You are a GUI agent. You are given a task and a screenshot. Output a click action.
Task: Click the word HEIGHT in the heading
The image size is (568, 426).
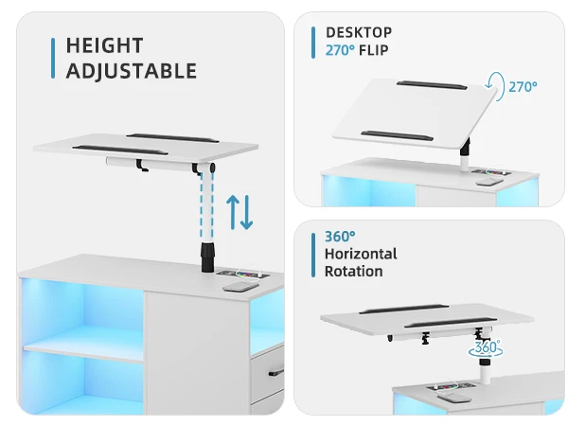105,45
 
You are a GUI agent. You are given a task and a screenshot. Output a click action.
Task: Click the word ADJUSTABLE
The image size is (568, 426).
132,71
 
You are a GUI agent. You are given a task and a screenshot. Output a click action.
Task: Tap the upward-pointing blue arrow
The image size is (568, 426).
233,210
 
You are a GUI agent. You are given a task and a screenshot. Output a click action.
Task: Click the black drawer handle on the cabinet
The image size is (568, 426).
275,371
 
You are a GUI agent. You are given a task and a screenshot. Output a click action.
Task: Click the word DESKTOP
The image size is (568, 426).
359,33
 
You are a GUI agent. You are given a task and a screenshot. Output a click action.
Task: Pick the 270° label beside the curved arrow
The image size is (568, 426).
523,86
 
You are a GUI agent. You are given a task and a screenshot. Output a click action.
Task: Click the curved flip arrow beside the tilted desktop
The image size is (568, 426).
496,86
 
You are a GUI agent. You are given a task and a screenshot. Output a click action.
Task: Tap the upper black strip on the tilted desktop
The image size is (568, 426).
430,84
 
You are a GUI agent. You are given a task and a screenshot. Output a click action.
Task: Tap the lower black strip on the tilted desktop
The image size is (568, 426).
377,131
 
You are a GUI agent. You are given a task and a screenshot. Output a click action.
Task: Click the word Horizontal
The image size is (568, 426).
361,254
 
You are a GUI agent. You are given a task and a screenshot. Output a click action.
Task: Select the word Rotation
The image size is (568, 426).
354,272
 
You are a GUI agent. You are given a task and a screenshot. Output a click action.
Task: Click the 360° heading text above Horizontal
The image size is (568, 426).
340,236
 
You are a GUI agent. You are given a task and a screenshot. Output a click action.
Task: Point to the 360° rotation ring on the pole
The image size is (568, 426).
487,348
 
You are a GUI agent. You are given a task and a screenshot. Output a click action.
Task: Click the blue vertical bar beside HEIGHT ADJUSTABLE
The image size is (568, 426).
52,58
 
